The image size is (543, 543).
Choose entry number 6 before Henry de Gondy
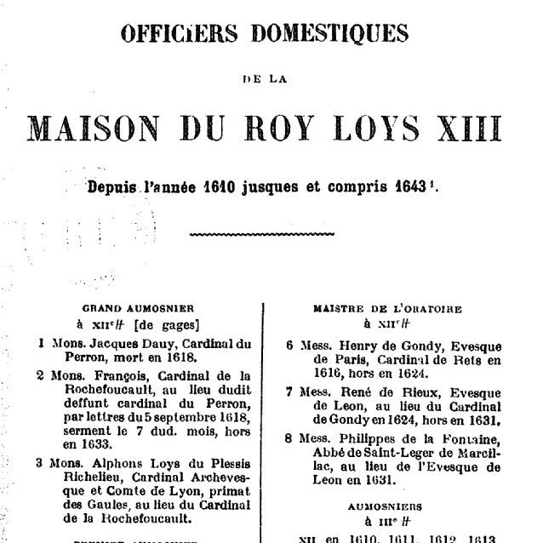coord(290,345)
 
